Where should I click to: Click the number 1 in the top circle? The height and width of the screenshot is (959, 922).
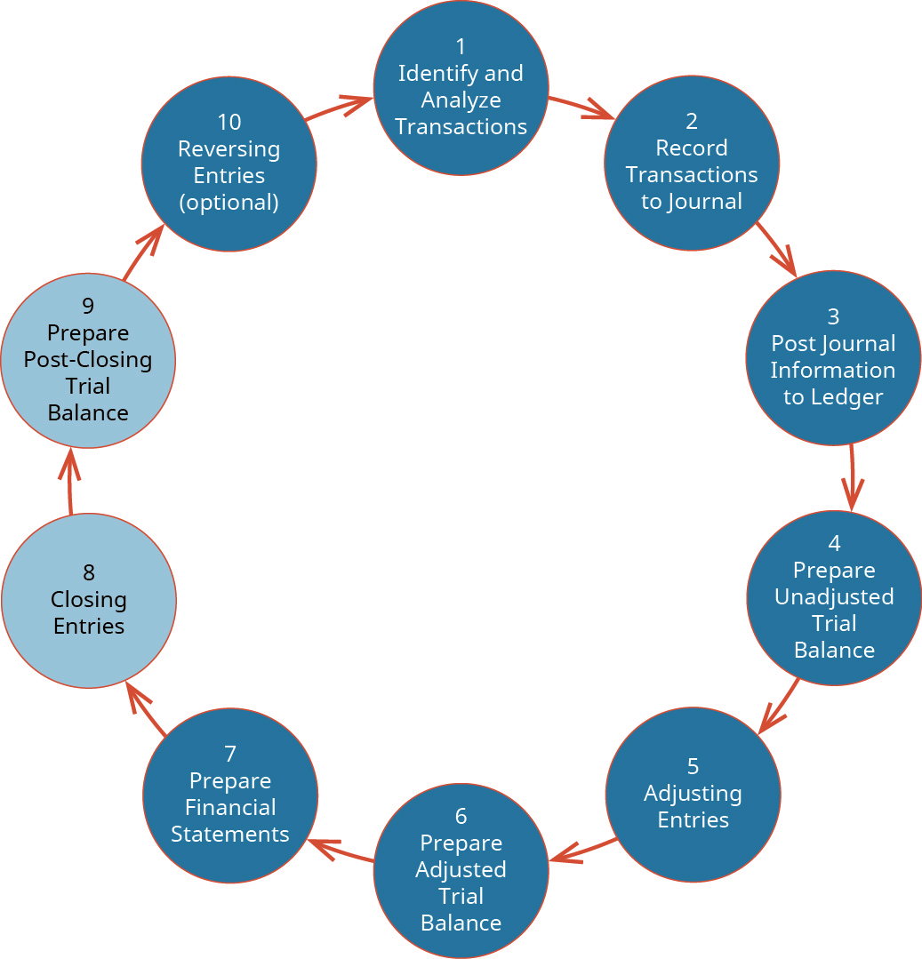pos(461,46)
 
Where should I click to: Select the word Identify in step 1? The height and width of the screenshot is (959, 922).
pos(429,73)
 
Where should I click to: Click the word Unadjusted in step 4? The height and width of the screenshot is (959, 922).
pos(833,596)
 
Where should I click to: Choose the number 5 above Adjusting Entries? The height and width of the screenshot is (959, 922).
pos(693,766)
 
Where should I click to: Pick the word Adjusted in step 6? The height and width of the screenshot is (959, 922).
pos(461,869)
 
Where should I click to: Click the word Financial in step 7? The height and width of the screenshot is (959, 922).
pos(229,807)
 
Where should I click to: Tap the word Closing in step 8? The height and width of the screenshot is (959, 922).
pos(88,600)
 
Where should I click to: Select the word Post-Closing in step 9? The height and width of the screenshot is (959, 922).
pos(88,360)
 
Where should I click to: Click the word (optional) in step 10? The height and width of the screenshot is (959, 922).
pos(228,203)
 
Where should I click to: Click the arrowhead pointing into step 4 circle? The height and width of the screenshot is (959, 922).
pos(853,498)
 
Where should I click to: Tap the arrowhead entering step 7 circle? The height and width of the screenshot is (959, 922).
pos(322,844)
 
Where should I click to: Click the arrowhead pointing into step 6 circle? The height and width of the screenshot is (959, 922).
pos(563,858)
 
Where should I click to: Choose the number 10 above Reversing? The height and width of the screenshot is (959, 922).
pos(228,122)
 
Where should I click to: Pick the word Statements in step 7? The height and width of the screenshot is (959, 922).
pos(229,835)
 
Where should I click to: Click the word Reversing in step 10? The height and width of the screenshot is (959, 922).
pos(228,148)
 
